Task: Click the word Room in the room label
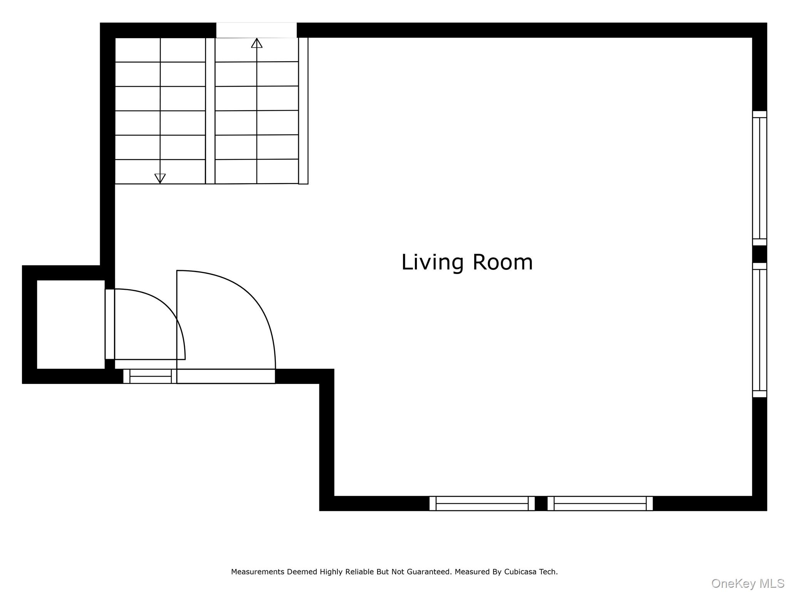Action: pos(503,262)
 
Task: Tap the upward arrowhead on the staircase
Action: pos(257,43)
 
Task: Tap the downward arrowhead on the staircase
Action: pos(160,178)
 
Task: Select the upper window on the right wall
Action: pos(759,178)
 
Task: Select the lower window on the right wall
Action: pos(759,330)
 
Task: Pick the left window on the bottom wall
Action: pos(482,503)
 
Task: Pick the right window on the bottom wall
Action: pos(600,503)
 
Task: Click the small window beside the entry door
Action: pos(150,376)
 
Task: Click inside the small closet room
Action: pos(71,324)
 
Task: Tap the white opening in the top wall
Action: pos(256,30)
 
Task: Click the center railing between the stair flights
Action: pos(210,111)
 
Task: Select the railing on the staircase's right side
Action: pos(303,111)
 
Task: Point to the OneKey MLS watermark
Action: pos(748,584)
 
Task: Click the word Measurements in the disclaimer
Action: pos(258,572)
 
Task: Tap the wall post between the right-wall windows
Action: pos(759,254)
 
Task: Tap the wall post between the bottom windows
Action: pos(541,503)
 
